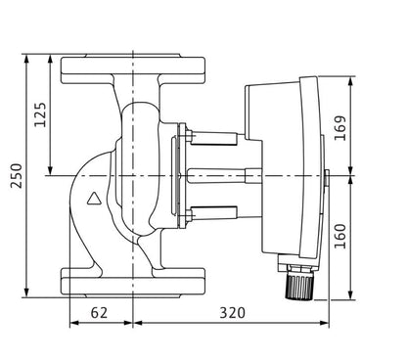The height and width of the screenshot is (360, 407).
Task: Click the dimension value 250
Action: point(16,175)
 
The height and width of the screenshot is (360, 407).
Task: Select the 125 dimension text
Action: point(41,114)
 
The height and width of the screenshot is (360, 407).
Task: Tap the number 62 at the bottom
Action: point(99,313)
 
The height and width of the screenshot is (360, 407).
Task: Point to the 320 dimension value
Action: point(232,313)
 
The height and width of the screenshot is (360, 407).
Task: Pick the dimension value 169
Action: point(340,128)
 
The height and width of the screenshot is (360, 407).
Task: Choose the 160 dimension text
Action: point(340,236)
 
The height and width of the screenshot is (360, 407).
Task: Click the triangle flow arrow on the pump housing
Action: point(95,199)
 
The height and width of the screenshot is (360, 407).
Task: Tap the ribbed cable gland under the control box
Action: point(299,287)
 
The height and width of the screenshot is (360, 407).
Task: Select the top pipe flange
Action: point(133,70)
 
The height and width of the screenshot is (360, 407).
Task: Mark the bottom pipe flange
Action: point(133,282)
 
